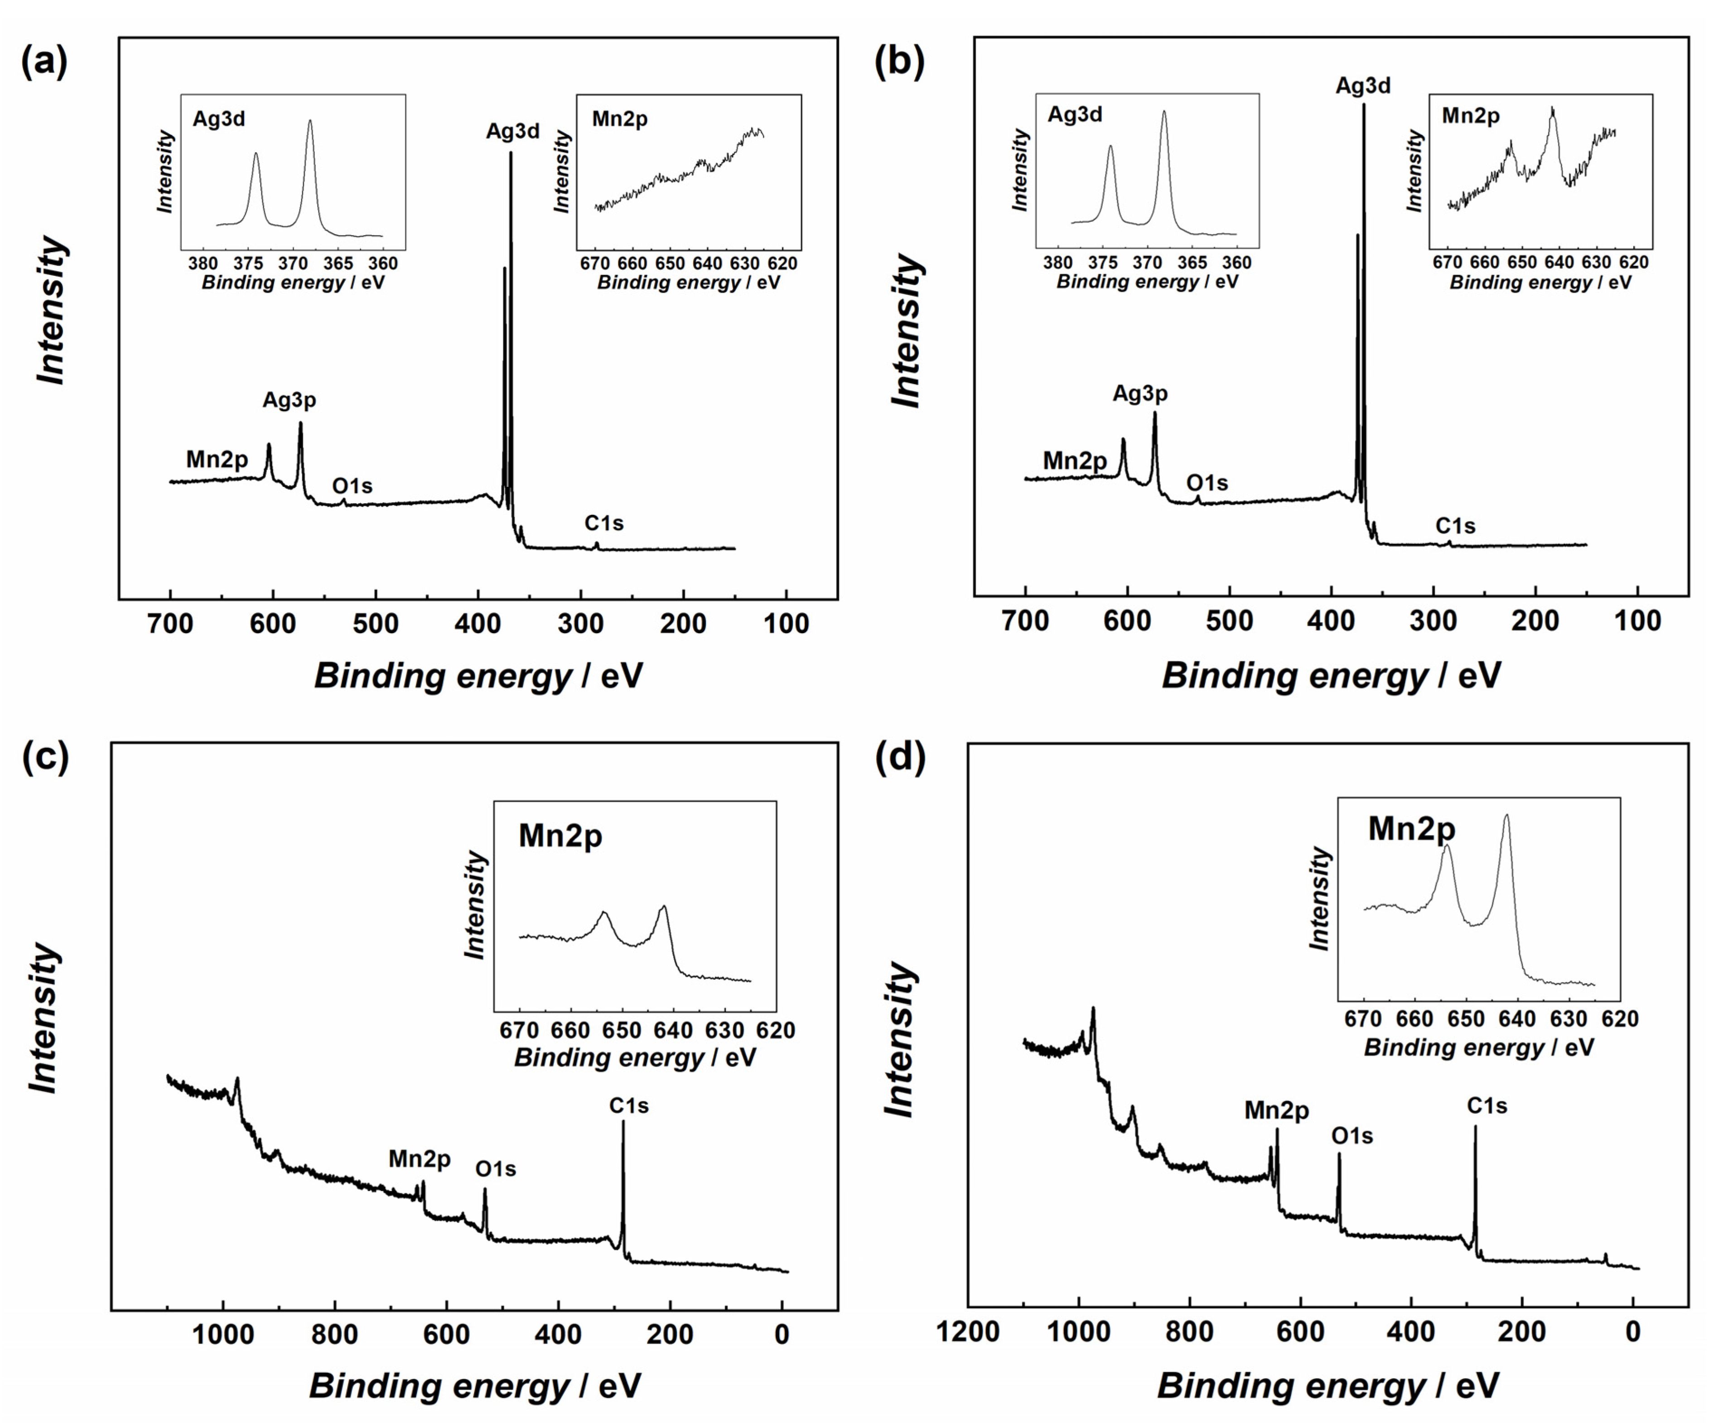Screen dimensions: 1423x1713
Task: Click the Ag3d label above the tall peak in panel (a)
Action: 512,131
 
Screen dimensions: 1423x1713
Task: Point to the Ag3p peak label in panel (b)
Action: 1139,394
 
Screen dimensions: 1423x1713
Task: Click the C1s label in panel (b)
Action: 1455,526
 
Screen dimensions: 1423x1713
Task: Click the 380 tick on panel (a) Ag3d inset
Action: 203,264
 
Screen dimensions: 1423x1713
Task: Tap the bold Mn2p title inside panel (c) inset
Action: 560,836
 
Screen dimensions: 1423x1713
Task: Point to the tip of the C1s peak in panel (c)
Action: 623,1122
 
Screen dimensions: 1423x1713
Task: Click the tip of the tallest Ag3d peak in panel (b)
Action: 1363,104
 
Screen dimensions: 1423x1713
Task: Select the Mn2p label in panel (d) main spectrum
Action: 1277,1111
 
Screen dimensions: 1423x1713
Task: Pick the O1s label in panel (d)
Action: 1351,1136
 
